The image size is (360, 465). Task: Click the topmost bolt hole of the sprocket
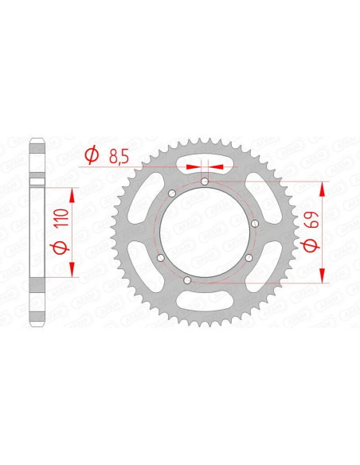[x=205, y=182]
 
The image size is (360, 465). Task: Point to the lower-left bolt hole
[x=159, y=259]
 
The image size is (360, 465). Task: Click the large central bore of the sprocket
[x=205, y=232]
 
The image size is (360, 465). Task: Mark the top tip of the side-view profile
[x=36, y=141]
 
